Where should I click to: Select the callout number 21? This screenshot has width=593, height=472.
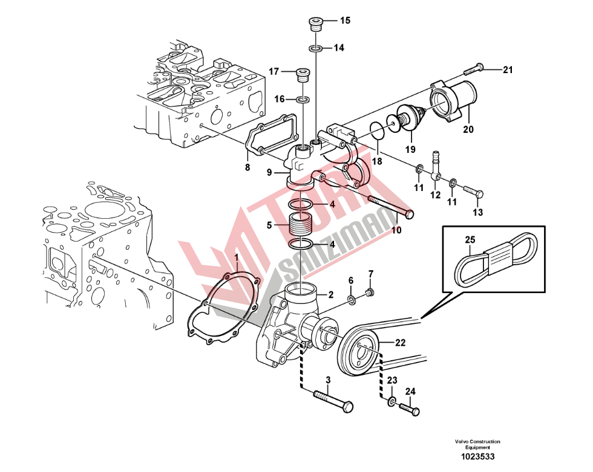tap(508, 70)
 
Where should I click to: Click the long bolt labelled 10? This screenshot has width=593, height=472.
tap(391, 206)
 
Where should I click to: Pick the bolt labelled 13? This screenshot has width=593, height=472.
tap(473, 192)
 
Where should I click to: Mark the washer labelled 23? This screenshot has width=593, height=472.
tap(392, 402)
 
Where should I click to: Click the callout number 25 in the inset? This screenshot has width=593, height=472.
tap(470, 240)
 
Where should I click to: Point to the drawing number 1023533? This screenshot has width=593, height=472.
tap(478, 457)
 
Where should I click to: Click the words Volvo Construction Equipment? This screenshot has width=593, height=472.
tap(478, 444)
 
